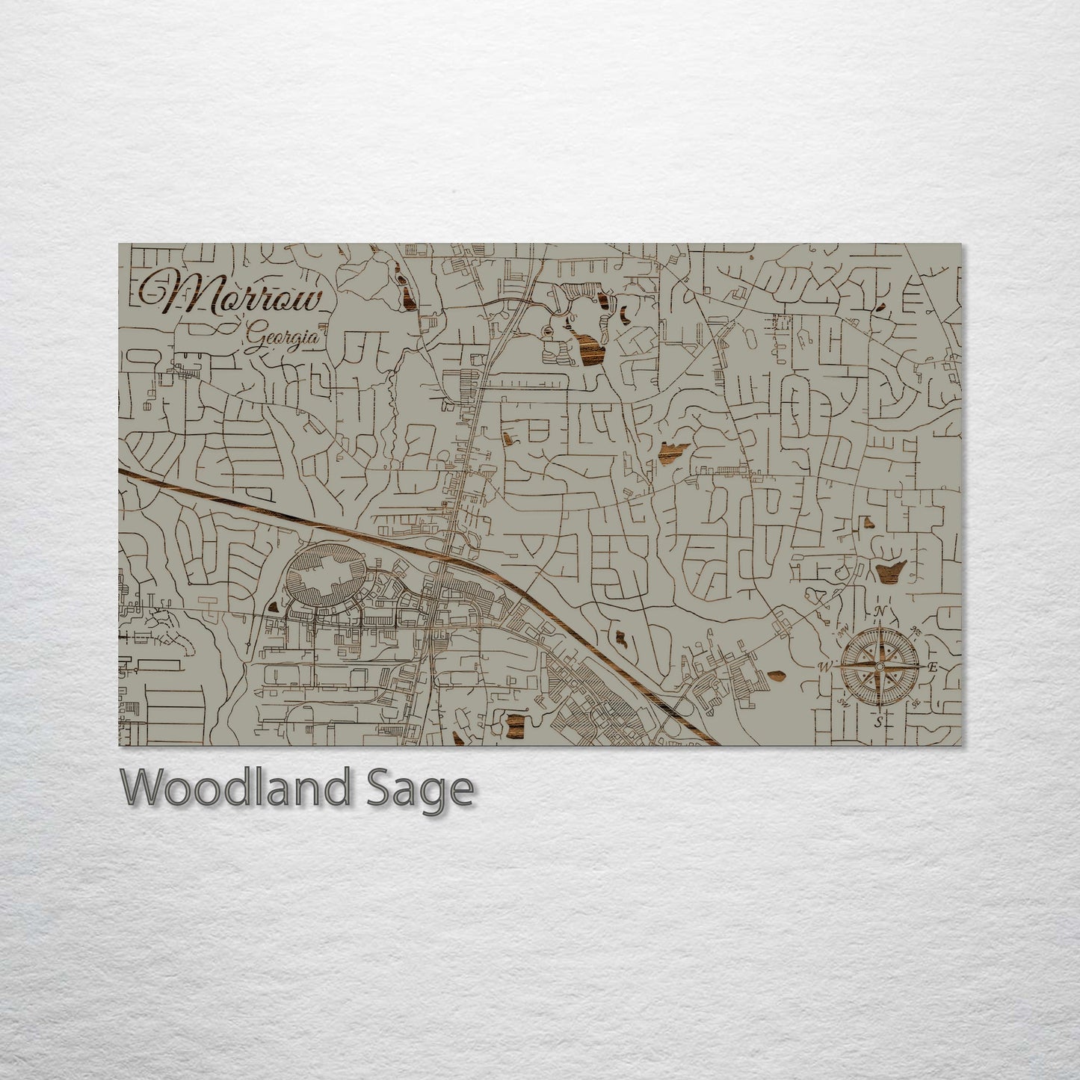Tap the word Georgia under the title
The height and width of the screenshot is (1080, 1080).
click(x=283, y=339)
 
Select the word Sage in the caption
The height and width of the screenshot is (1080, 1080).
click(x=429, y=790)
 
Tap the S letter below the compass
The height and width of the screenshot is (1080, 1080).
click(x=879, y=721)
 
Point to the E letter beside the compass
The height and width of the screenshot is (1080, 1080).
click(x=931, y=667)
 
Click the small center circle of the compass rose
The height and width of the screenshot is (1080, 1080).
click(x=879, y=666)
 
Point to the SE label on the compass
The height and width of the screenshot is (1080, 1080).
click(x=916, y=703)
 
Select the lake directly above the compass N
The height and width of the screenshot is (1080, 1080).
click(x=890, y=572)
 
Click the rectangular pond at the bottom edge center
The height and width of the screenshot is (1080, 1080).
click(x=516, y=723)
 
